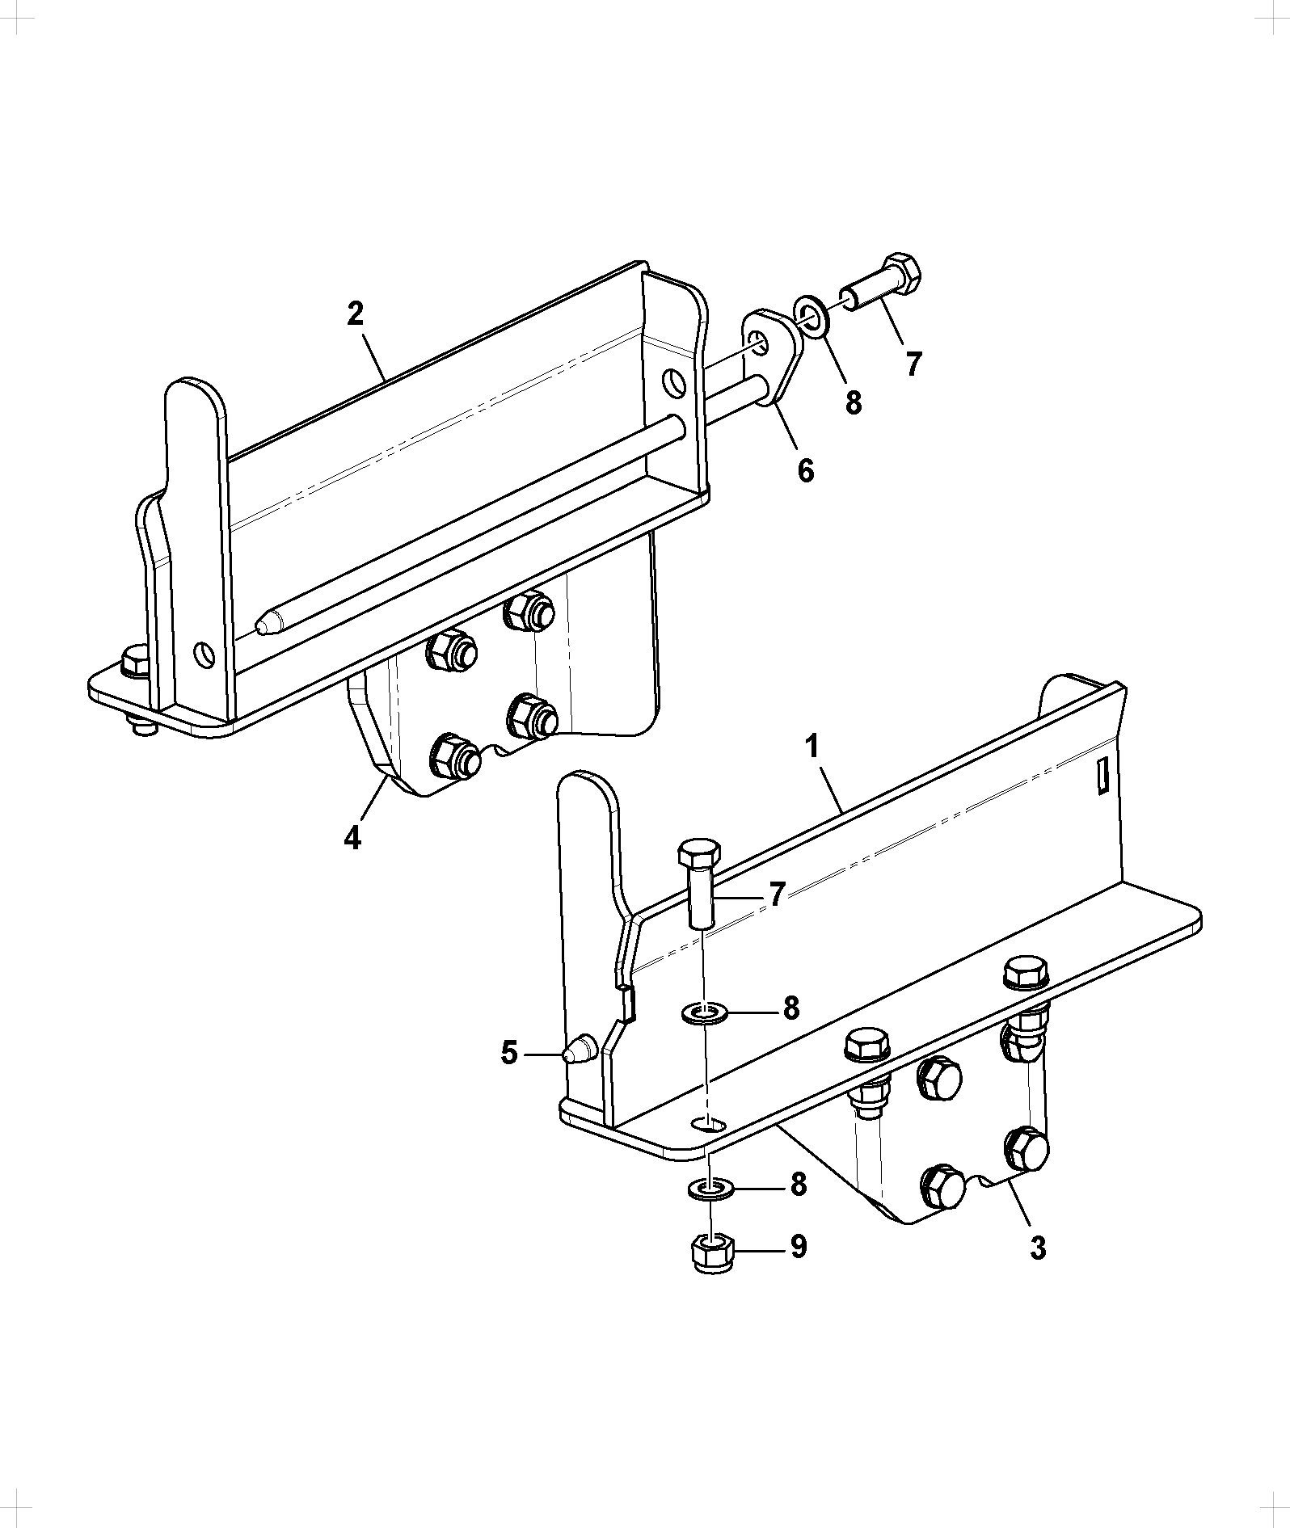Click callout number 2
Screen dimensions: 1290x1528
355,314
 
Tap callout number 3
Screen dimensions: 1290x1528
1039,1248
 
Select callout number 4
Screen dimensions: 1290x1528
352,838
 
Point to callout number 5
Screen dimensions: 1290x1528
509,1053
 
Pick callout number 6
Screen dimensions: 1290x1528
806,470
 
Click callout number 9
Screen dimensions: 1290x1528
798,1247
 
